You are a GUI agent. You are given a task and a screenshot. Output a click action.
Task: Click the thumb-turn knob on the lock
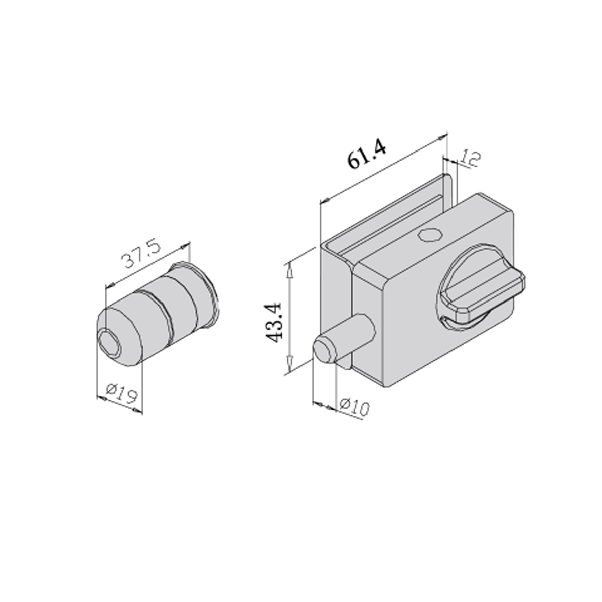click(x=482, y=287)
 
